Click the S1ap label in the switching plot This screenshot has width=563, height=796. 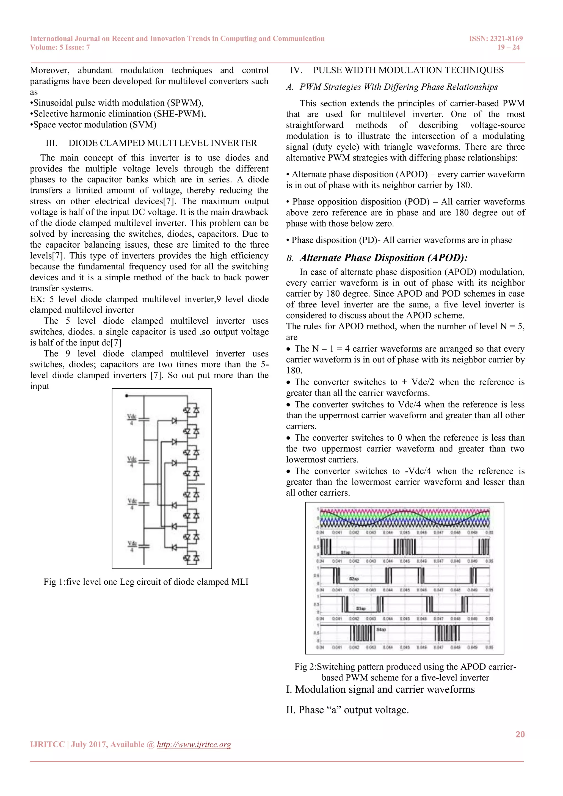tap(346, 552)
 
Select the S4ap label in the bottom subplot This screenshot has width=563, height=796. tap(381, 629)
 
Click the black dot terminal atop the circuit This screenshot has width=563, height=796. tap(127, 396)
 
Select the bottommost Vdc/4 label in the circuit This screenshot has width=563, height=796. tap(132, 546)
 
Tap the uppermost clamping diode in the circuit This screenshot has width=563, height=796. tap(174, 421)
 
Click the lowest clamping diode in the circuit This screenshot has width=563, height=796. tap(174, 548)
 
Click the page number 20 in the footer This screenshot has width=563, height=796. tap(520, 734)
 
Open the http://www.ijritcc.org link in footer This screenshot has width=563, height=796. tap(194, 744)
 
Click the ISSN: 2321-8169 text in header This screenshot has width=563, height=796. tap(496, 38)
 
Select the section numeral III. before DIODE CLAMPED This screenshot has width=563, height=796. tap(51, 143)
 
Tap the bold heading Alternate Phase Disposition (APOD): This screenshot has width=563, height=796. tap(384, 258)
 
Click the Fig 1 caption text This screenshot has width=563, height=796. tap(146, 582)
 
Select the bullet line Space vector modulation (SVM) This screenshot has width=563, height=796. tap(93, 125)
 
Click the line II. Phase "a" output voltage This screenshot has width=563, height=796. tap(347, 710)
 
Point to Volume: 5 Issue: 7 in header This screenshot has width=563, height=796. tap(60, 48)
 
